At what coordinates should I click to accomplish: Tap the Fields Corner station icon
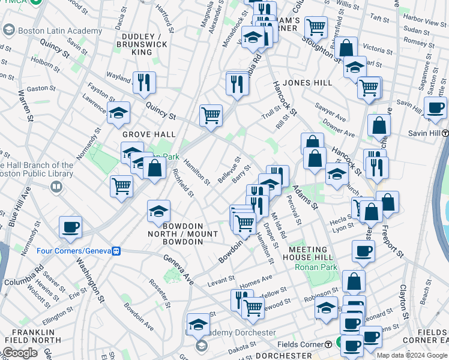(x=328, y=344)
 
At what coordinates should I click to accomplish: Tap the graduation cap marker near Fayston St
(x=118, y=112)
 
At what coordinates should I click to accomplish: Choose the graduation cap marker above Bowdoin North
(x=159, y=211)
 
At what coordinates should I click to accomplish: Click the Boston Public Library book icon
(x=56, y=187)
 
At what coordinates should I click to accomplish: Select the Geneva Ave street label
(x=180, y=269)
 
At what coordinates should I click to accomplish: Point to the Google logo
(x=20, y=353)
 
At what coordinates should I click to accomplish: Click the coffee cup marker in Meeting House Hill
(x=363, y=251)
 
